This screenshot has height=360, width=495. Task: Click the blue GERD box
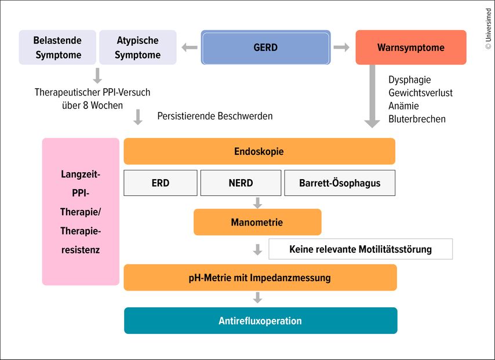tap(265, 48)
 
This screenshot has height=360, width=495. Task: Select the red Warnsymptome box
tap(410, 48)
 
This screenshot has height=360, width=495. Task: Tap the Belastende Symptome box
tap(57, 48)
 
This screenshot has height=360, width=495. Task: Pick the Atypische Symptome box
tap(137, 48)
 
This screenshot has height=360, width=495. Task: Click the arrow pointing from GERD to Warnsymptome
tap(341, 48)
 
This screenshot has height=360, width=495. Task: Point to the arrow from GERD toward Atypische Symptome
tap(190, 48)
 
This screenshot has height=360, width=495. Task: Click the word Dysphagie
tap(410, 80)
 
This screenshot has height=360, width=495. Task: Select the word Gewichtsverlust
tap(420, 93)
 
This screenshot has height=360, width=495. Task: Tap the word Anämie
tap(403, 106)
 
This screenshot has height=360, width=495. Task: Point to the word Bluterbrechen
tap(417, 119)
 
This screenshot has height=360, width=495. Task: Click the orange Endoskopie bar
tap(259, 151)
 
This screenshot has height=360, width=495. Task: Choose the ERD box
tap(161, 183)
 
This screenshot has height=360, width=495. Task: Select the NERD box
tap(241, 183)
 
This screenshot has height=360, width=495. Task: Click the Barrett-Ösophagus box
tap(340, 183)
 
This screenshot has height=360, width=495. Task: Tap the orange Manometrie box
tap(257, 222)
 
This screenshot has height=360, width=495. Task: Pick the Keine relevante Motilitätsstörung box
tap(360, 249)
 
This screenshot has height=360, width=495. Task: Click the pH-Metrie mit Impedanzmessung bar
tap(260, 278)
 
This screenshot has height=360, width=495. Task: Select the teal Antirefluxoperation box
tap(260, 321)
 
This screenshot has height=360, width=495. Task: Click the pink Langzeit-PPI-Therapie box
tap(81, 212)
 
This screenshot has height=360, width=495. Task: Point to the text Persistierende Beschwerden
tap(214, 116)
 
